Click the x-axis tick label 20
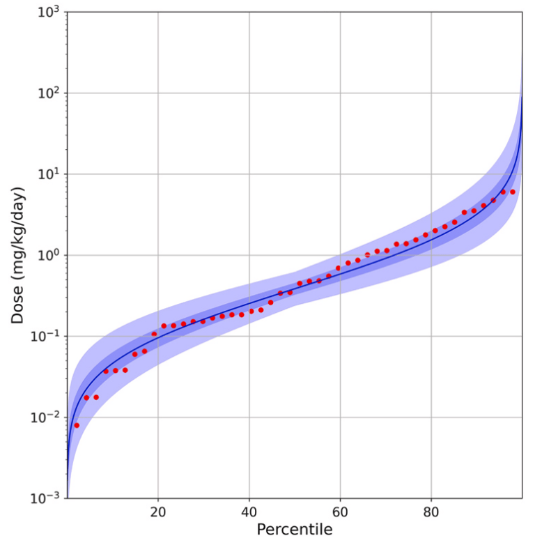[158, 512]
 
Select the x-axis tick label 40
[249, 512]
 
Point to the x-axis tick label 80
[431, 512]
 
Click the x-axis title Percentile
[295, 530]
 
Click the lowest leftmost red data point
[77, 425]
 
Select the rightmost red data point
[513, 192]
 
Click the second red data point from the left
[86, 397]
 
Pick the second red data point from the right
[503, 192]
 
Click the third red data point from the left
[96, 397]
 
